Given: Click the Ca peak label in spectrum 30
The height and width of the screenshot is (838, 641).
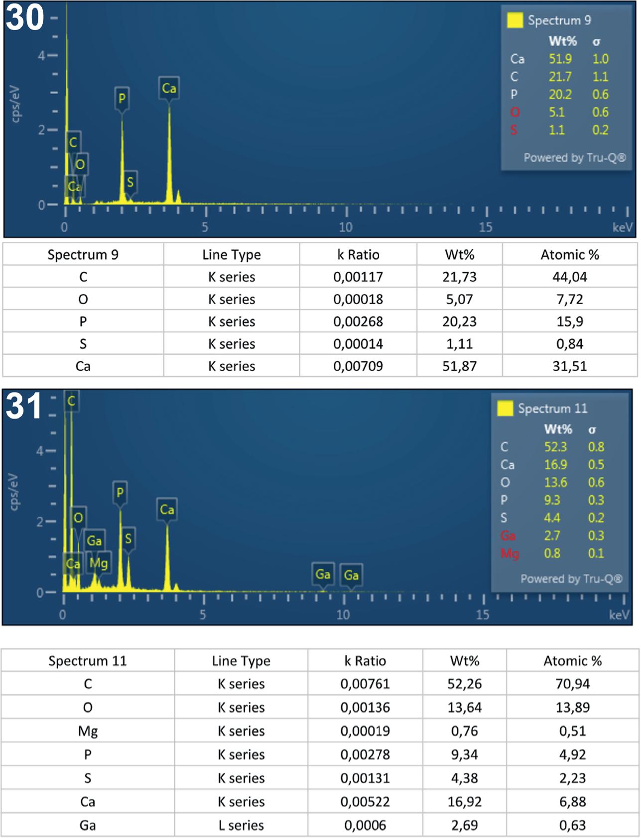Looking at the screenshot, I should [169, 89].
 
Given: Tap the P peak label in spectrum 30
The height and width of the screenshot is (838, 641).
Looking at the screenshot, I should [122, 99].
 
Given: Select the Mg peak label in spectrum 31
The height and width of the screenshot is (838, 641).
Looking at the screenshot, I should [98, 563].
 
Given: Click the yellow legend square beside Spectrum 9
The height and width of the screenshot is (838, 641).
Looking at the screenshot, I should [514, 20].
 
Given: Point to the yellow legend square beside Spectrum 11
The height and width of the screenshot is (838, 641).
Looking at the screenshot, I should [505, 409].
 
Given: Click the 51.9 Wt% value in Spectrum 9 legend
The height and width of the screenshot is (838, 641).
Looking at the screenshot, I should [560, 59].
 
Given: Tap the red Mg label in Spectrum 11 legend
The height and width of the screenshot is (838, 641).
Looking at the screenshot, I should [510, 553].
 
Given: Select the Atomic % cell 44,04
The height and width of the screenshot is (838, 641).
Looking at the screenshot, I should [569, 277].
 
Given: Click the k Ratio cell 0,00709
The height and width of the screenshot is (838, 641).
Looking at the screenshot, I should [358, 366].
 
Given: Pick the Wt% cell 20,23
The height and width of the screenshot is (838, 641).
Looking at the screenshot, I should [459, 321].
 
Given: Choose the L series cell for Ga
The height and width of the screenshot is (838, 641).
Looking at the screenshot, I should [241, 826].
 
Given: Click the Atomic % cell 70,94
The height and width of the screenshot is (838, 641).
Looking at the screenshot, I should [572, 684].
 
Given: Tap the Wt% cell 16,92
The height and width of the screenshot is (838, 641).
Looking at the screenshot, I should [464, 802].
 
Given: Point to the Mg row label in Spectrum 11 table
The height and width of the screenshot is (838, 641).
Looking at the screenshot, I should [88, 731].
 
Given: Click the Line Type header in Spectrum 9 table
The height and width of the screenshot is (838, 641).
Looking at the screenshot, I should [232, 255].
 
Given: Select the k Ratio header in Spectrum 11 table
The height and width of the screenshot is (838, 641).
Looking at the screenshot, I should [365, 661].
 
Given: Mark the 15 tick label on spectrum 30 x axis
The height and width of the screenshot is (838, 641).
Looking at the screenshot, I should [485, 227].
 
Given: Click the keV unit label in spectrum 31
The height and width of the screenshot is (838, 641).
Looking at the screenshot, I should [619, 615].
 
